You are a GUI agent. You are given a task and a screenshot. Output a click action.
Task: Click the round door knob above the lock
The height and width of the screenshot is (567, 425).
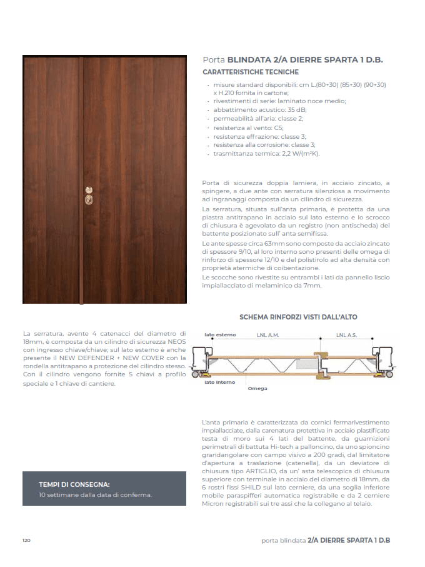point(87,189)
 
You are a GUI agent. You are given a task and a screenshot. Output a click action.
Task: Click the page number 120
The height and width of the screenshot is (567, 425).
point(26,540)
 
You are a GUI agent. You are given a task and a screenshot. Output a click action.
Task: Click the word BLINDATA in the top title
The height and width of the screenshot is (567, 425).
point(249,60)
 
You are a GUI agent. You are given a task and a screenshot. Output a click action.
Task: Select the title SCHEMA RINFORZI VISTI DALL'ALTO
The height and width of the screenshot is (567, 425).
point(298,317)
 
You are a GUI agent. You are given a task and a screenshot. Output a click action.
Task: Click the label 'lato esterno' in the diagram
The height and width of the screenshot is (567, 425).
point(221,335)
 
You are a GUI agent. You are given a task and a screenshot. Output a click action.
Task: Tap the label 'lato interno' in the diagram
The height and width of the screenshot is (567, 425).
point(220,382)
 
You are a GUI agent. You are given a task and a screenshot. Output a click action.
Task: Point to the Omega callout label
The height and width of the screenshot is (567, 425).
point(257,389)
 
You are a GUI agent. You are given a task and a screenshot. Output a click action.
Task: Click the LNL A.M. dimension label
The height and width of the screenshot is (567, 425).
point(267,335)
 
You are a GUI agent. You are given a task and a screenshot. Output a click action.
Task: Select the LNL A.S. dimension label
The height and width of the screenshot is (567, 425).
point(347,335)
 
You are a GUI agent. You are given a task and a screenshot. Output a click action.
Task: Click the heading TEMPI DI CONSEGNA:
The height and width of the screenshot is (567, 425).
point(74,484)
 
